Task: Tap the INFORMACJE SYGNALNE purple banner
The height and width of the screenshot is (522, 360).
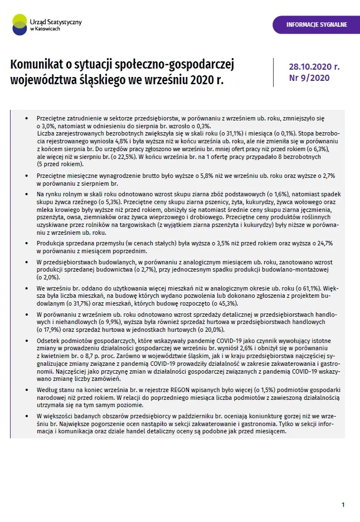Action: pos(316,25)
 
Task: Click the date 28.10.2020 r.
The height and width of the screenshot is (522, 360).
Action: pos(314,66)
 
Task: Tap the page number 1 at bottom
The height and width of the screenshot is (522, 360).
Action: pos(343,505)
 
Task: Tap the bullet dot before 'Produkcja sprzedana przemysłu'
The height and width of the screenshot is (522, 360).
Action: pos(26,244)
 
